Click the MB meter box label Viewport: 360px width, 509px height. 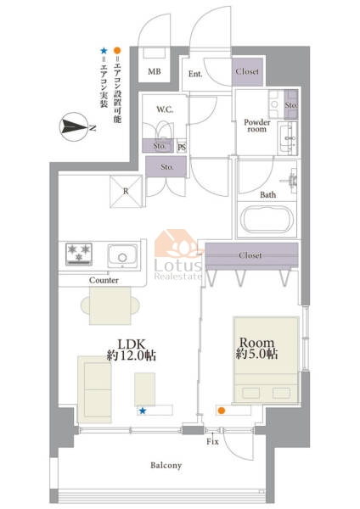pyautogui.click(x=155, y=71)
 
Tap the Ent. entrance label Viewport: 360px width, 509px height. pyautogui.click(x=195, y=74)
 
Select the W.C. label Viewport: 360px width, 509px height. pyautogui.click(x=165, y=109)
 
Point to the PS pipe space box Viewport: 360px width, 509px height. pyautogui.click(x=182, y=147)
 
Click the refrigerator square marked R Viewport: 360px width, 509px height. pyautogui.click(x=126, y=191)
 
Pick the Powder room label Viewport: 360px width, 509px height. pyautogui.click(x=257, y=126)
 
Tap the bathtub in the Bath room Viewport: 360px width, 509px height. pyautogui.click(x=267, y=220)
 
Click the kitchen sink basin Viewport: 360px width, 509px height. pyautogui.click(x=122, y=256)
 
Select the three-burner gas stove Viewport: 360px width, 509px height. pyautogui.click(x=79, y=255)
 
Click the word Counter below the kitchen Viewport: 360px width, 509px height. pyautogui.click(x=104, y=280)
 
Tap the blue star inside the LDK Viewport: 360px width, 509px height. pyautogui.click(x=143, y=411)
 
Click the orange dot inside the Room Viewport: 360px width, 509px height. pyautogui.click(x=222, y=411)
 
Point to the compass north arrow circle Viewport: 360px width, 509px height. pyautogui.click(x=73, y=126)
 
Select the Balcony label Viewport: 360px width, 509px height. pyautogui.click(x=166, y=466)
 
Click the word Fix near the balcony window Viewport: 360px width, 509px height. pyautogui.click(x=212, y=441)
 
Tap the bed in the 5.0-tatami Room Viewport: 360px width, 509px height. pyautogui.click(x=266, y=360)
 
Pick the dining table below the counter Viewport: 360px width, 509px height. pyautogui.click(x=110, y=305)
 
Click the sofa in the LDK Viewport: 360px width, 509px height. pyautogui.click(x=94, y=389)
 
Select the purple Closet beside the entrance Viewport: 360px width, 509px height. pyautogui.click(x=247, y=71)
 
